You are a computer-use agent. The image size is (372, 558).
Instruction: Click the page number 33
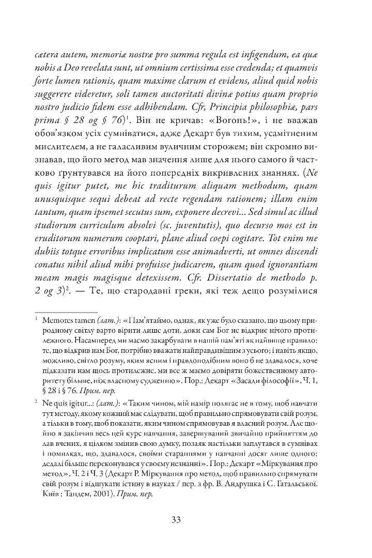(x=186, y=519)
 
